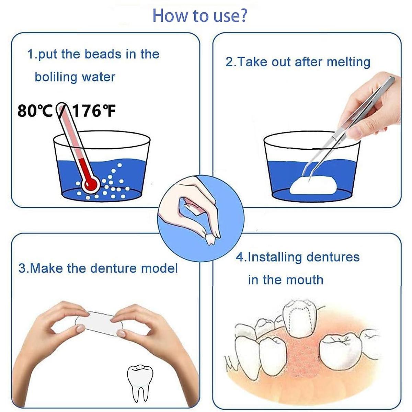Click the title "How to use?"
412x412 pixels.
199,15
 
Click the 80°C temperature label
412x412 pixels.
35,111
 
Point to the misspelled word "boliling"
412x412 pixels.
56,77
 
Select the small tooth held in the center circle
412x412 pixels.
210,239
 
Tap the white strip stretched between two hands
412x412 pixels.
98,323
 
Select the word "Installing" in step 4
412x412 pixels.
275,257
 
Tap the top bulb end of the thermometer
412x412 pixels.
62,106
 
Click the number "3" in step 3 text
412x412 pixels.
22,268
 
